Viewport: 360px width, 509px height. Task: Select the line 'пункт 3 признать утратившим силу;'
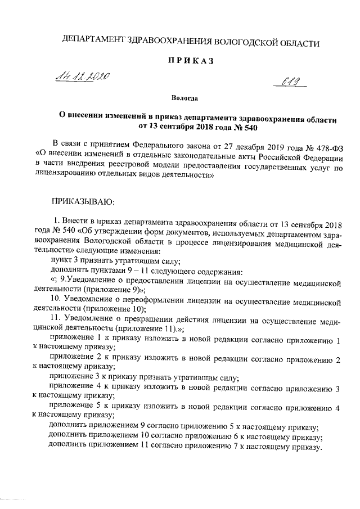(115, 260)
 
